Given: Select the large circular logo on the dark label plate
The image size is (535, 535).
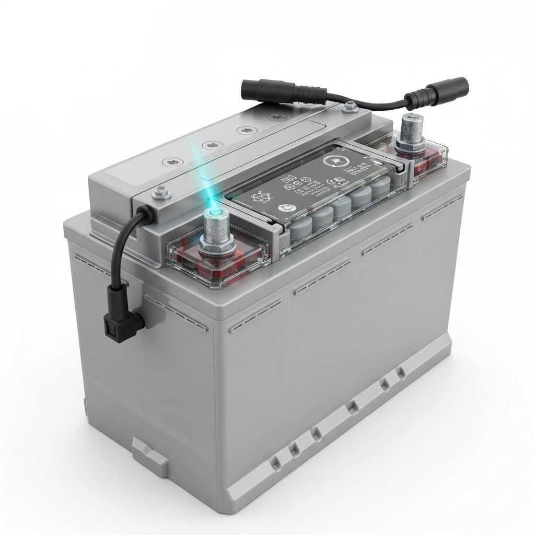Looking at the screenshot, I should (x=332, y=160).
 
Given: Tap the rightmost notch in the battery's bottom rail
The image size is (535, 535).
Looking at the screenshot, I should (x=400, y=372).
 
